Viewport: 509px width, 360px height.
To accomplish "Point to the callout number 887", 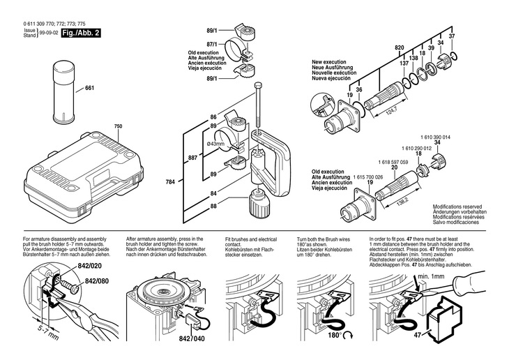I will click(x=192, y=158).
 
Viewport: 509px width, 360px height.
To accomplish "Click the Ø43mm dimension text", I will click(x=215, y=144).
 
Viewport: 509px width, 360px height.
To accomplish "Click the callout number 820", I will click(x=400, y=47).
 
